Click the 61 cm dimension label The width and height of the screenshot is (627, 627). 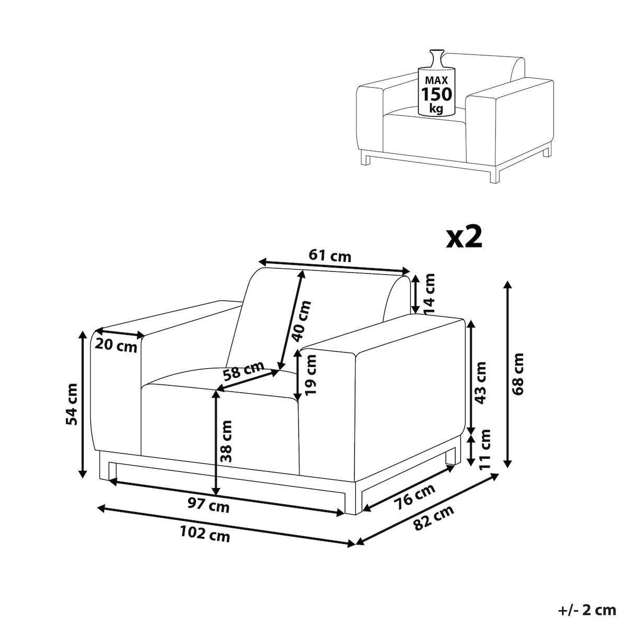(330, 256)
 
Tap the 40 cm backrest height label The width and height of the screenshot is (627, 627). (301, 321)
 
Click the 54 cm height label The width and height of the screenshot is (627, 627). (71, 404)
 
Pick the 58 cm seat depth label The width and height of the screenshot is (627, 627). (243, 370)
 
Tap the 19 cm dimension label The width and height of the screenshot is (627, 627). (311, 375)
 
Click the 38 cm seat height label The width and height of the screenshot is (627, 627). (226, 441)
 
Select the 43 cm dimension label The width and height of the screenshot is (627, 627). (480, 382)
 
